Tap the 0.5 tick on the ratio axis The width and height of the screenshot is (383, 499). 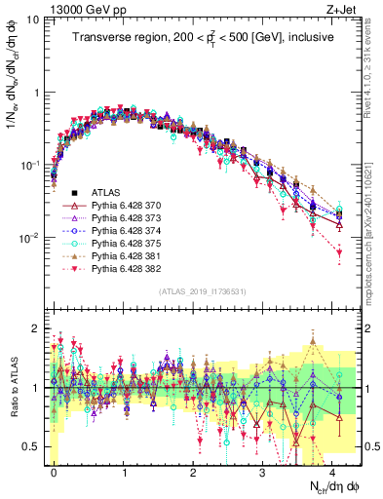click(x=33, y=446)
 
